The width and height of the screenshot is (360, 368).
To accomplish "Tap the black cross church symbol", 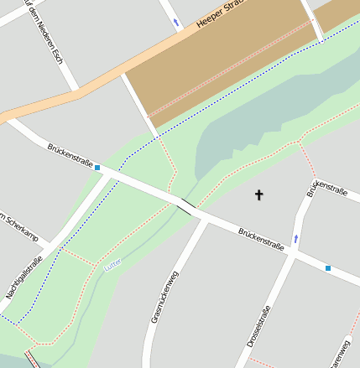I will [258, 195].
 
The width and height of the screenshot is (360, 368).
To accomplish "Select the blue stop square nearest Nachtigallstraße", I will [97, 168].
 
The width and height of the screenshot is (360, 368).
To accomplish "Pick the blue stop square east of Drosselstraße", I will [327, 268].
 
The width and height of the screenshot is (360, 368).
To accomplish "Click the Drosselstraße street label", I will [259, 331].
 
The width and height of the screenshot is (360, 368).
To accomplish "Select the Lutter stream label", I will [112, 262].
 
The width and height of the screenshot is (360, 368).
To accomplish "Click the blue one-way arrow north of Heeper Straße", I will [175, 21].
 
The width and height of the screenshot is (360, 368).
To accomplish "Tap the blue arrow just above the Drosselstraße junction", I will [295, 239].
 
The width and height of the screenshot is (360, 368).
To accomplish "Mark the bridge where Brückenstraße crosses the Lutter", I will [186, 205].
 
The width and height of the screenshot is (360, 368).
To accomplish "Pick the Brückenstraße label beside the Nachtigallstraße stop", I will [69, 152].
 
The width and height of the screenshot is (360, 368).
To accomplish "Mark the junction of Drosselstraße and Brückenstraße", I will [290, 254].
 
